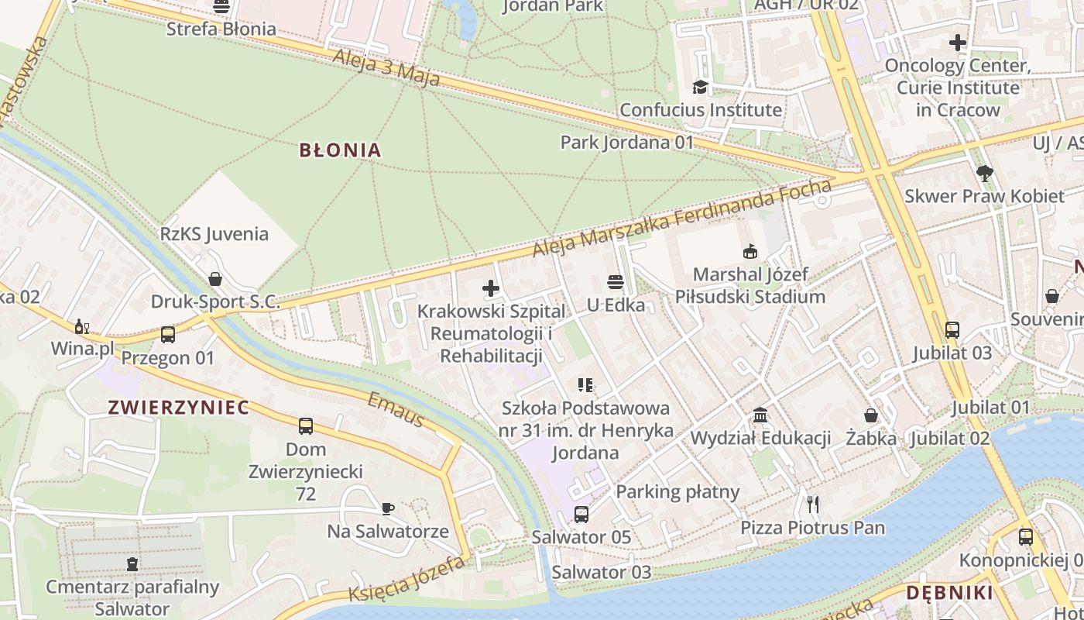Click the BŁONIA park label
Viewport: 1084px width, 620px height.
click(x=340, y=150)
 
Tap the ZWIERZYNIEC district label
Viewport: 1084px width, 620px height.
click(x=179, y=408)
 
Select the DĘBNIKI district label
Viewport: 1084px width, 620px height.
click(x=948, y=593)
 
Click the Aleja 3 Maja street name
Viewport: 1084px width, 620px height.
click(x=386, y=69)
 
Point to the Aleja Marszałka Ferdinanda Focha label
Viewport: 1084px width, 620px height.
click(x=682, y=219)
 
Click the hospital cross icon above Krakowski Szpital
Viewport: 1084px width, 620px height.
click(x=491, y=289)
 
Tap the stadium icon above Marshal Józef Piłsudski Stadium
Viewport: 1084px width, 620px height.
click(x=750, y=251)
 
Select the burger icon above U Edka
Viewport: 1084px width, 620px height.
click(x=616, y=282)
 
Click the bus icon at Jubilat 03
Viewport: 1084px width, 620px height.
click(x=952, y=329)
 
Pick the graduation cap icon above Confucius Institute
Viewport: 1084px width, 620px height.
click(x=701, y=87)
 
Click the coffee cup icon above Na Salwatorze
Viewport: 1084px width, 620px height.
click(x=388, y=508)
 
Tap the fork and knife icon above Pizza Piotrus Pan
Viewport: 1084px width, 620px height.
click(x=812, y=505)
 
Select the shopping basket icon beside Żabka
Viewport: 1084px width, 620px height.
click(x=871, y=415)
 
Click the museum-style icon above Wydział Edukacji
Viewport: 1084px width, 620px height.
click(x=760, y=415)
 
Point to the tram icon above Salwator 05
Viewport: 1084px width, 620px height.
click(x=581, y=514)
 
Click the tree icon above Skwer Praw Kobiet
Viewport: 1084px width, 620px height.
click(x=984, y=173)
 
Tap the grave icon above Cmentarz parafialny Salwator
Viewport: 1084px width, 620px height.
click(x=132, y=563)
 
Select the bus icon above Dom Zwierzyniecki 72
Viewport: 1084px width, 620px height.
click(x=306, y=425)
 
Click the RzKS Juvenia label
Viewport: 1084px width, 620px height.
click(x=214, y=234)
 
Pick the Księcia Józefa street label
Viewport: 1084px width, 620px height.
click(x=406, y=580)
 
